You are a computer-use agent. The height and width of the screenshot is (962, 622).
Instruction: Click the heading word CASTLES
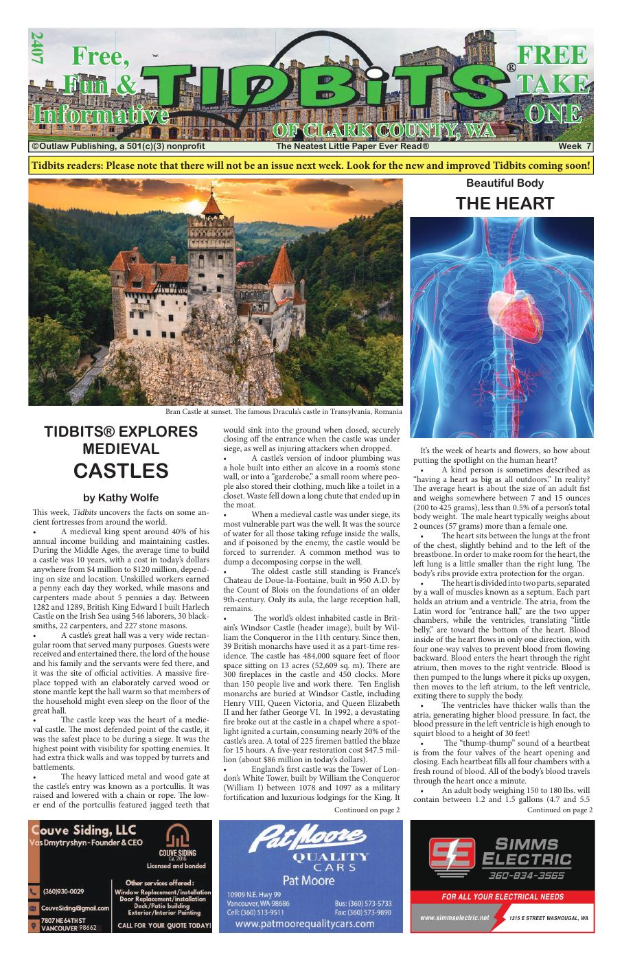click(121, 471)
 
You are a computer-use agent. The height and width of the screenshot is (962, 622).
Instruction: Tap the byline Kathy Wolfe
click(121, 497)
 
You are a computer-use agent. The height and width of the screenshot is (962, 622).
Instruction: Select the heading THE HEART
click(505, 203)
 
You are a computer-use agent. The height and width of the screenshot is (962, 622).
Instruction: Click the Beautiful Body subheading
click(505, 183)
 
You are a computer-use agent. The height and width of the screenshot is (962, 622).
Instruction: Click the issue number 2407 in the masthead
click(36, 49)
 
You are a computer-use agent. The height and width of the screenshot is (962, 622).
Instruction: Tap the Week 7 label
click(575, 146)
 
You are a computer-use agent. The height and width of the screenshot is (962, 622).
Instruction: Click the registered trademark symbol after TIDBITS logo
click(511, 67)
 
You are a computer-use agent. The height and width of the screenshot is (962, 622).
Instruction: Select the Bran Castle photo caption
click(283, 412)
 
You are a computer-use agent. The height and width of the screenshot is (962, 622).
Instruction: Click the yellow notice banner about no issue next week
click(311, 166)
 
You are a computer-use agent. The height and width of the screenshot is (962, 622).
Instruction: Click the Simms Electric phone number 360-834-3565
click(527, 875)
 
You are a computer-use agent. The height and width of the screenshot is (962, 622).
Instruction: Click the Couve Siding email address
click(76, 908)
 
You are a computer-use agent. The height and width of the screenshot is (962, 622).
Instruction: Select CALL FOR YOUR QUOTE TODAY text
click(163, 926)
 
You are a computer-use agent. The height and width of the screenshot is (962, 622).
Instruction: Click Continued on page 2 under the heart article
click(560, 810)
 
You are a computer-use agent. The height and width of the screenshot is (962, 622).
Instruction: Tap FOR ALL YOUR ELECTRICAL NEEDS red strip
click(503, 896)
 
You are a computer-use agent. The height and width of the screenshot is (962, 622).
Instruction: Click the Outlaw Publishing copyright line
click(118, 146)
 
